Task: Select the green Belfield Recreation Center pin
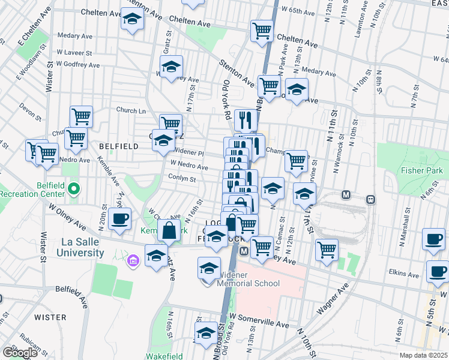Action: click(x=74, y=190)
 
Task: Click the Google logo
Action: click(x=20, y=353)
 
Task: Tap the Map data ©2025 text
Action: click(x=423, y=355)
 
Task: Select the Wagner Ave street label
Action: click(x=333, y=299)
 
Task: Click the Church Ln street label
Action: click(x=131, y=110)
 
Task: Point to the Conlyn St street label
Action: click(x=182, y=179)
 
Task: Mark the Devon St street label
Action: click(x=28, y=109)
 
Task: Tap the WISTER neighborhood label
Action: click(x=50, y=317)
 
